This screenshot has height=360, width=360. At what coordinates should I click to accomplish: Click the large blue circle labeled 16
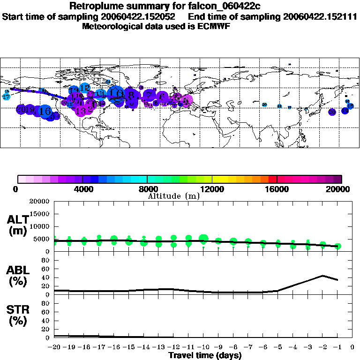click(45, 111)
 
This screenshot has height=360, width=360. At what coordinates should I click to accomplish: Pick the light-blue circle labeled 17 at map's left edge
click(6, 97)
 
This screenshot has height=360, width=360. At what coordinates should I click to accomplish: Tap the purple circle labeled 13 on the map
click(81, 111)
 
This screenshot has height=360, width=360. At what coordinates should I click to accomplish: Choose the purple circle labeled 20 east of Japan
click(332, 112)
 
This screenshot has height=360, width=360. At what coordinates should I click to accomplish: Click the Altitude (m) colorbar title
click(173, 196)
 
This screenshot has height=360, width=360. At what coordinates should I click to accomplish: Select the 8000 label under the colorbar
click(147, 189)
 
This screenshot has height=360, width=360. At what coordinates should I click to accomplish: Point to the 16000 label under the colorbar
click(277, 189)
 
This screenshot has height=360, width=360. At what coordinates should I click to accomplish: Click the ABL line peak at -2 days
click(322, 276)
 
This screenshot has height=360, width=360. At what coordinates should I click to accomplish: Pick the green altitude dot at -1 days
click(337, 246)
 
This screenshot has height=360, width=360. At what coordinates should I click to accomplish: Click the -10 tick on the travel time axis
click(203, 347)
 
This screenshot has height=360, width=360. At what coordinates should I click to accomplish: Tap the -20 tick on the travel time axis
click(54, 347)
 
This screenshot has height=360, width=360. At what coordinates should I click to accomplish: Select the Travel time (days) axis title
click(205, 356)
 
